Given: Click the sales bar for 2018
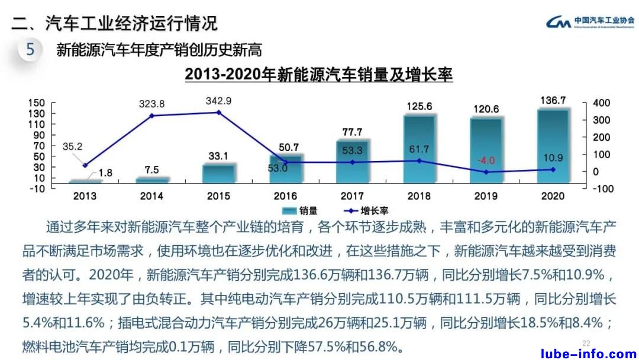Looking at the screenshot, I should click(419, 149).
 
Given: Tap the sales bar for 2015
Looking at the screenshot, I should click(218, 173).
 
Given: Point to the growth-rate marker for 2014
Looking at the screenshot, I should click(151, 115).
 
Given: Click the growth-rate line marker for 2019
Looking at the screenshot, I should click(486, 172).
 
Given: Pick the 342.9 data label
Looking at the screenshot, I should click(218, 101).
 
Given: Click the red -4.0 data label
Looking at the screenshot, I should click(486, 160).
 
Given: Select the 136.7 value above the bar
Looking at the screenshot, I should click(553, 101).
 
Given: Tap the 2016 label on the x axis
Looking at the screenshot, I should click(285, 196).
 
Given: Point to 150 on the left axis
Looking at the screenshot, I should click(37, 103).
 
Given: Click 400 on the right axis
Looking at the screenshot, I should click(601, 103).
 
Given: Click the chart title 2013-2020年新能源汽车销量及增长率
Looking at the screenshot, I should click(319, 75).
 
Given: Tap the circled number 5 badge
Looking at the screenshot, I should click(30, 50).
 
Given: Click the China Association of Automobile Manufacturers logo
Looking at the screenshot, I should click(589, 23).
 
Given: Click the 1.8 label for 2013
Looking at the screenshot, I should click(105, 173).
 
